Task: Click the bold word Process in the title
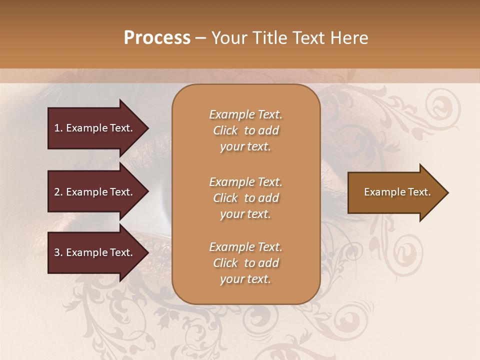click(x=157, y=38)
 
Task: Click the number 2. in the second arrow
click(x=58, y=192)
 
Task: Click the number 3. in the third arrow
click(x=58, y=252)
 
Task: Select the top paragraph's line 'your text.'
click(x=245, y=147)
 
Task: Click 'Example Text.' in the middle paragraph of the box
click(x=245, y=182)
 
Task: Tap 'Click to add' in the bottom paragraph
click(x=245, y=263)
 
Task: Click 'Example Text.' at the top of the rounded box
click(x=245, y=114)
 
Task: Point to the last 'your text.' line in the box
click(x=245, y=279)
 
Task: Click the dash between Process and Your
click(x=200, y=38)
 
